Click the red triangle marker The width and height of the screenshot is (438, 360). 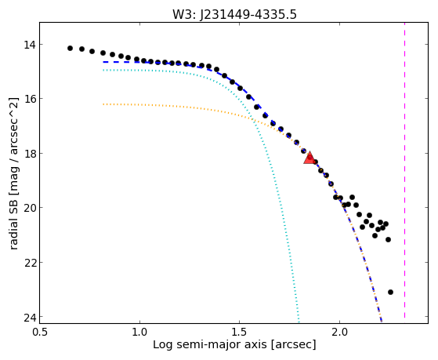pos(309,158)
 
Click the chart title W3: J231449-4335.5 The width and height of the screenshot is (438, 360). pos(234,15)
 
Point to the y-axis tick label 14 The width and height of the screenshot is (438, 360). pos(29,45)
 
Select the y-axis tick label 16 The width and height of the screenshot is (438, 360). pos(29,99)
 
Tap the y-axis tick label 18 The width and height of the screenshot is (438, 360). pos(29,154)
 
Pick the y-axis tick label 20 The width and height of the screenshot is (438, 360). pos(29,208)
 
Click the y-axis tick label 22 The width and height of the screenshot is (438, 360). pos(29,263)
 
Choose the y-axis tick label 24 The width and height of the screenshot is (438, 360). pos(29,317)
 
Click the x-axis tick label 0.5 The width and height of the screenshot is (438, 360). pos(39,333)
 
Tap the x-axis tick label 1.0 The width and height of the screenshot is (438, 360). pos(139,333)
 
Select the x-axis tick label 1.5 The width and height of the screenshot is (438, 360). pos(240,333)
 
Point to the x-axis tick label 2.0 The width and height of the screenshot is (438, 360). pos(339,333)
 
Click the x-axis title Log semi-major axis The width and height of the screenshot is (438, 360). pos(210,344)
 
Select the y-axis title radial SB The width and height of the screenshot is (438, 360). pos(13,224)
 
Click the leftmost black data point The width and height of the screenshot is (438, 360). pos(70,49)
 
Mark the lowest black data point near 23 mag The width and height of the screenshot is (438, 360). pos(390,292)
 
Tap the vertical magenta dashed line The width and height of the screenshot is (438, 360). pos(404,170)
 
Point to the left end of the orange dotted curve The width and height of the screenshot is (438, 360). pos(103,104)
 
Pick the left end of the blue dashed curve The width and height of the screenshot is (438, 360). pos(103,62)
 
